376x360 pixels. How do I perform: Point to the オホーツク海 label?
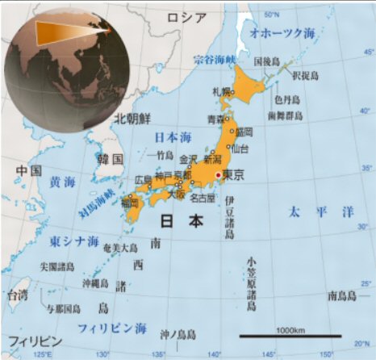[x=283, y=34]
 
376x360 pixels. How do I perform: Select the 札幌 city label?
[x=221, y=91]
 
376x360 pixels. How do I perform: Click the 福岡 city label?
[x=129, y=204]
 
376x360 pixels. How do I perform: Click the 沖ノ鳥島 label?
[x=178, y=334]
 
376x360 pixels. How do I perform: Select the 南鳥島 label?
[x=341, y=295]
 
